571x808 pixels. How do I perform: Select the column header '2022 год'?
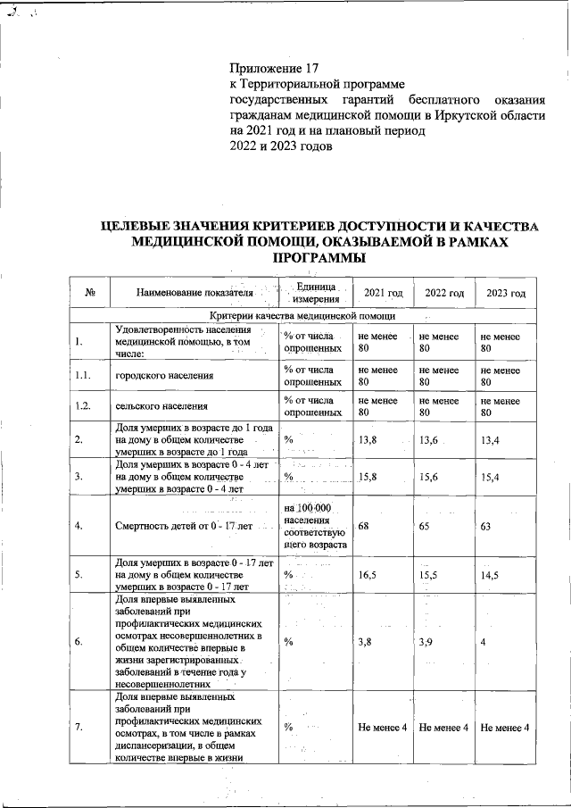pyautogui.click(x=443, y=294)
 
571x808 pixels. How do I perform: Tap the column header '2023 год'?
pyautogui.click(x=505, y=294)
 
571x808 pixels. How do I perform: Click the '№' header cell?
pyautogui.click(x=90, y=294)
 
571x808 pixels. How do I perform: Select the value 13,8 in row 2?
pyautogui.click(x=368, y=440)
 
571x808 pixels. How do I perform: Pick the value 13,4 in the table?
pyautogui.click(x=491, y=440)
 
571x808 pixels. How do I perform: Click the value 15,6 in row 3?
pyautogui.click(x=429, y=477)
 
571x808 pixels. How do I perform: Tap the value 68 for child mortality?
pyautogui.click(x=364, y=526)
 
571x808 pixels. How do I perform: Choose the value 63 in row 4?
pyautogui.click(x=486, y=526)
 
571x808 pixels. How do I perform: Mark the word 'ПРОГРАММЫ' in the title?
pyautogui.click(x=318, y=259)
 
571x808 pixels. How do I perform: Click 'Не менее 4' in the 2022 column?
pyautogui.click(x=443, y=728)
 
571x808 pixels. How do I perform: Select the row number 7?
pyautogui.click(x=79, y=728)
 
